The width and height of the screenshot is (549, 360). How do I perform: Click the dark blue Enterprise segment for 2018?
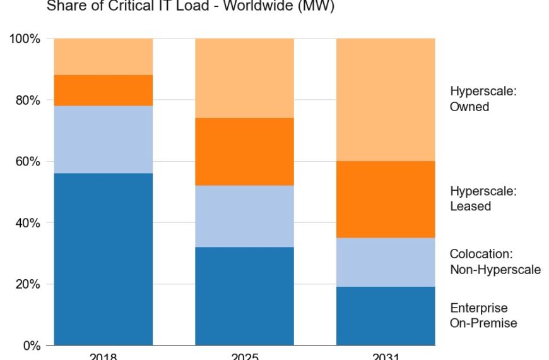coord(103,259)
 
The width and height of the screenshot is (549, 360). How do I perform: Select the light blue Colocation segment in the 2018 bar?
coord(103,140)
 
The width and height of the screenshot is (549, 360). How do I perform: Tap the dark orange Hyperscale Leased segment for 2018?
coord(103,90)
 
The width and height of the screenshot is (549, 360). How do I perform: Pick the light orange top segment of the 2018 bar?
coord(103,57)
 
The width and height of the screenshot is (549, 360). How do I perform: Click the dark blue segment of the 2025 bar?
coord(244,296)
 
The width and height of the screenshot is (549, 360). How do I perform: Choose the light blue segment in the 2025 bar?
coord(244,216)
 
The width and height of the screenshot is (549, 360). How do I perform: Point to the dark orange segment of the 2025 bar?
coord(244,152)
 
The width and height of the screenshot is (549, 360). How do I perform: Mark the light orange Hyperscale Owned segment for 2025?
coord(244,78)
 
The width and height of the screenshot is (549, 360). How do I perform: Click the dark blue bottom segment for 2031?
coord(386,316)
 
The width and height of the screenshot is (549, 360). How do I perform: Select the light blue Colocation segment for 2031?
coord(386,262)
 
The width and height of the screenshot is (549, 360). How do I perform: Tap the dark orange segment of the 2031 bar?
coord(386,200)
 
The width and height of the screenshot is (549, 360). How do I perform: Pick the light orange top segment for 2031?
coord(386,100)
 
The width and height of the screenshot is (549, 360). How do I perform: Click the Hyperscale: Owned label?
coord(483,99)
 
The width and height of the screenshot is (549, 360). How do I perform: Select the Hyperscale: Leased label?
coord(483,198)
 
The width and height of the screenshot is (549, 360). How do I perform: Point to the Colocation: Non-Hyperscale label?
coord(495,261)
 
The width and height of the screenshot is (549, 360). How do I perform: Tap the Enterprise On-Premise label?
coord(483,316)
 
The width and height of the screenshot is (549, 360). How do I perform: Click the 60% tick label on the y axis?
coord(25,162)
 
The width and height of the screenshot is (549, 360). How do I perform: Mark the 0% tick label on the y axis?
coord(30,345)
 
